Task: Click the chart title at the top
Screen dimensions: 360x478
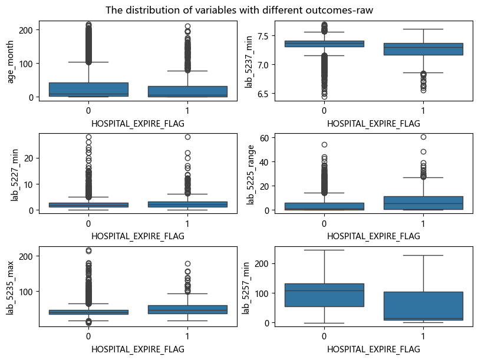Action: pos(239,10)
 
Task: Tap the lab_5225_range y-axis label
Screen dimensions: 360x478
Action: pos(251,174)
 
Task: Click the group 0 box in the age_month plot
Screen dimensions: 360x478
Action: pos(88,90)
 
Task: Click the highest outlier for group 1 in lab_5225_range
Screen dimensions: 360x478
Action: pos(423,137)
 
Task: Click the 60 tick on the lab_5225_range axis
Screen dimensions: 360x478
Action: pos(255,138)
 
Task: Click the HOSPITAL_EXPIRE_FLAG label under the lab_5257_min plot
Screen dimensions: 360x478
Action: pos(374,349)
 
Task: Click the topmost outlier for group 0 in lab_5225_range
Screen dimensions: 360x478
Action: pos(324,144)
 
